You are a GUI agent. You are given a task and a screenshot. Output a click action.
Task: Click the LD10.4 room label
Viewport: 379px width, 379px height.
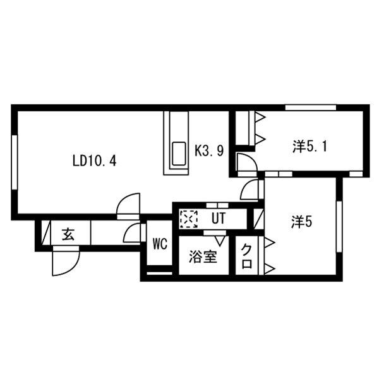(x=93, y=160)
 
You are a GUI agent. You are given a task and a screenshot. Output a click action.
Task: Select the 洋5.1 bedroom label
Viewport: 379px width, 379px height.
(x=310, y=147)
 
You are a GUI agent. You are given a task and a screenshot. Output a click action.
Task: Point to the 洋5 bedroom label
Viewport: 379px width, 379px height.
(x=302, y=222)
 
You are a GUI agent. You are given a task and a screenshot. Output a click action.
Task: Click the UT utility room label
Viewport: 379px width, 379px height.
(x=218, y=219)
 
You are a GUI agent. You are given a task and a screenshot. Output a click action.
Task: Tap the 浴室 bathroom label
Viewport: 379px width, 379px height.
(x=203, y=257)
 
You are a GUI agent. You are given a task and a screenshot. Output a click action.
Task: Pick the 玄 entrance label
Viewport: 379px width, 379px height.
(x=67, y=234)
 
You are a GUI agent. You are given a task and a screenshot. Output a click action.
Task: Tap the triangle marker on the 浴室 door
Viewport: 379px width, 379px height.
(x=220, y=241)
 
